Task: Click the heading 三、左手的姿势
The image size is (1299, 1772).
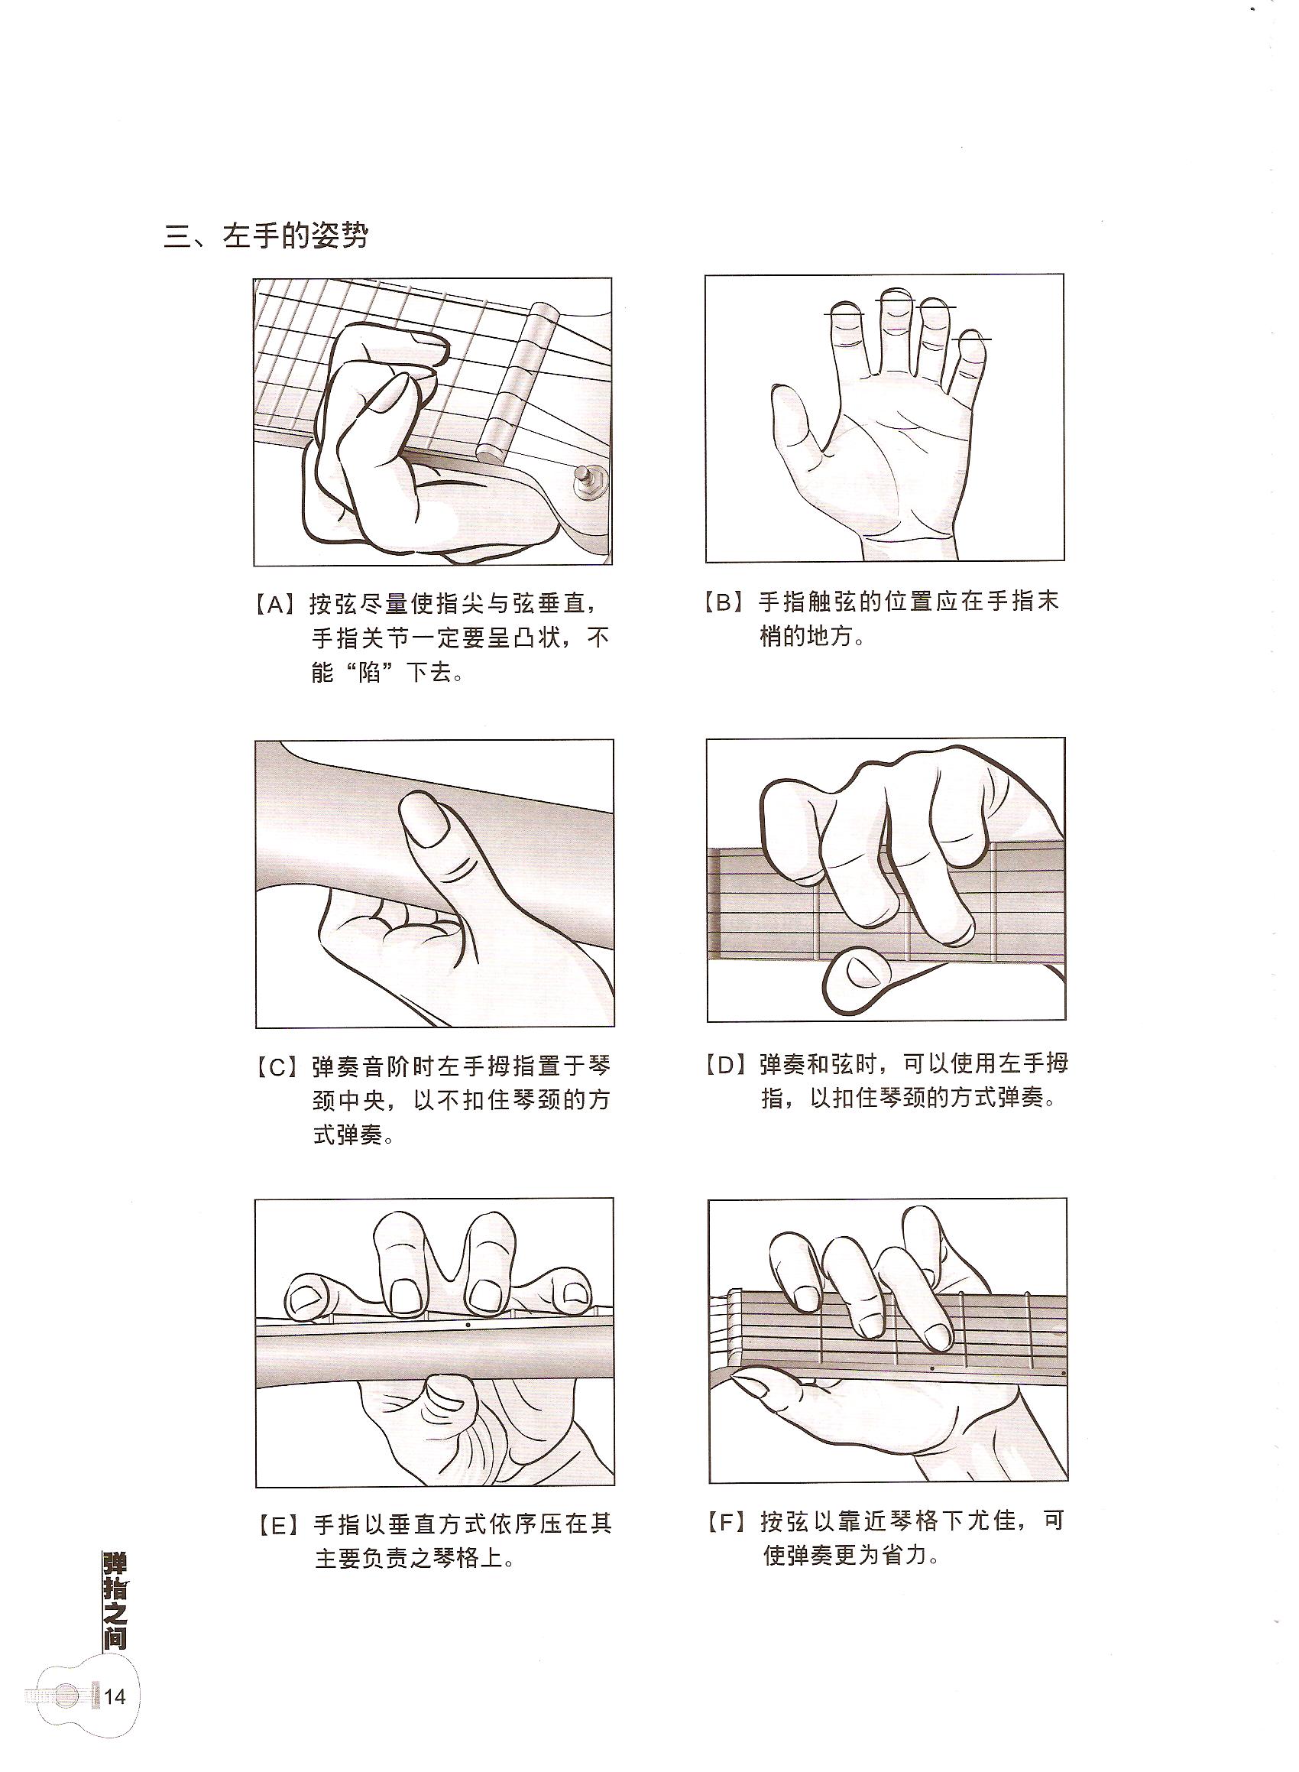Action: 266,236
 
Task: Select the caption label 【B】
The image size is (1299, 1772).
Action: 725,602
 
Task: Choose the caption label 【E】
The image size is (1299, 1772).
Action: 276,1524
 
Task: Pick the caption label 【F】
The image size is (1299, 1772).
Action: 727,1521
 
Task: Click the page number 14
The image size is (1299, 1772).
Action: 115,1719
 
